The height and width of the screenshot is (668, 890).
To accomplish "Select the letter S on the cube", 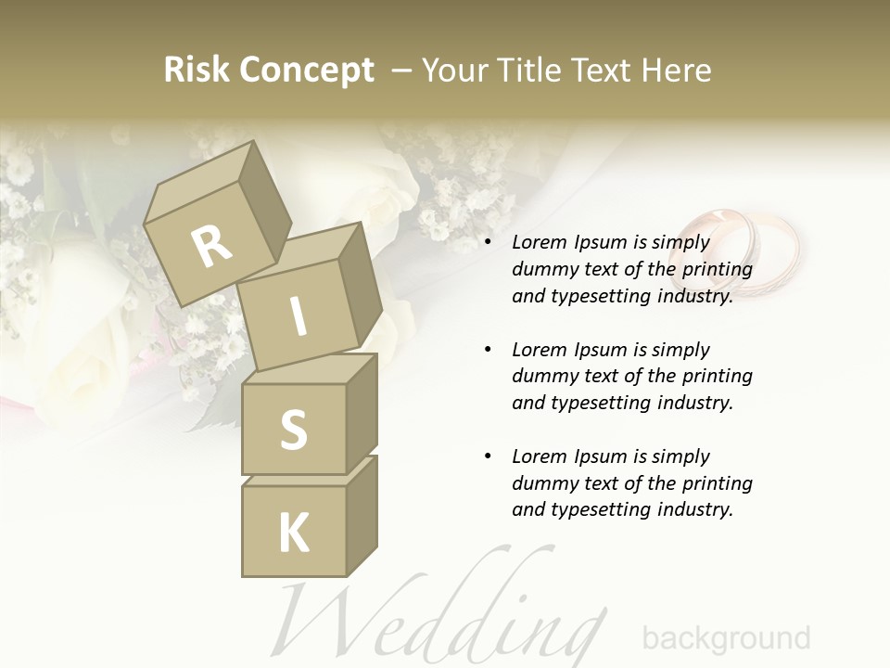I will (x=294, y=430).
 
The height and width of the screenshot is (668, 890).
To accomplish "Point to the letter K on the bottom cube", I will (x=294, y=533).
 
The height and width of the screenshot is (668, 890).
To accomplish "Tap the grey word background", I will (x=726, y=638).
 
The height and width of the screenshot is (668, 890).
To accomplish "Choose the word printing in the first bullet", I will (x=717, y=270).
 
